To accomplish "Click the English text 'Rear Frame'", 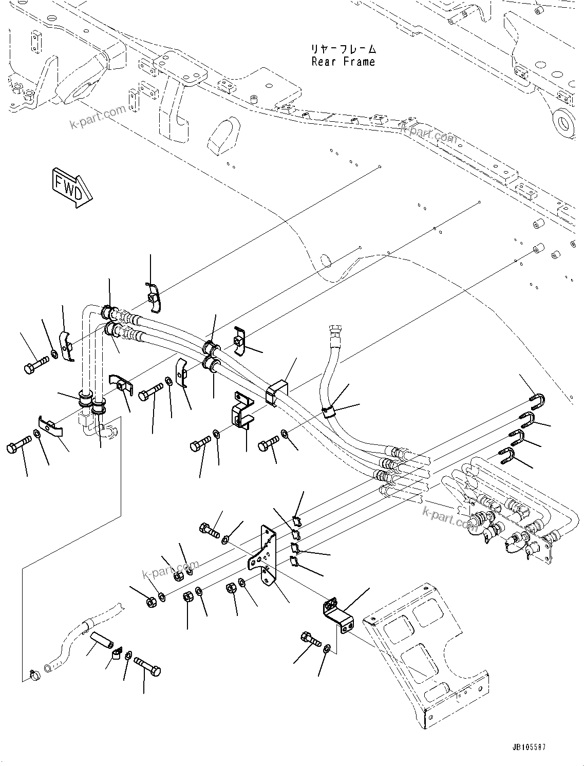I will [343, 62].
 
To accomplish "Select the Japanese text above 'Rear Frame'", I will [343, 49].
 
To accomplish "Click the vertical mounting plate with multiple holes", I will [265, 554].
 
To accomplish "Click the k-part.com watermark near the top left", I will [98, 118].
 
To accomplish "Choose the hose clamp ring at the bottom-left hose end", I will [34, 674].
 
